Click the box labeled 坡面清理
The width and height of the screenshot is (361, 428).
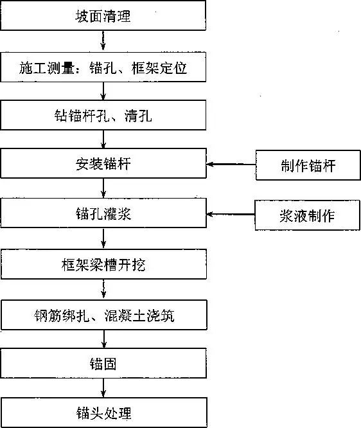pos(103,16)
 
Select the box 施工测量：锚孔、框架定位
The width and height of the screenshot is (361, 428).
pos(103,66)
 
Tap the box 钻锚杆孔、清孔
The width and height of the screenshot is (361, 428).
pos(103,116)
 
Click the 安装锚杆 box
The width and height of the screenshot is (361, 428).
pos(103,165)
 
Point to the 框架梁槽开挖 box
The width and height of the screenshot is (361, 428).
pos(103,264)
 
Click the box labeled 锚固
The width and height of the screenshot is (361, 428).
pos(103,364)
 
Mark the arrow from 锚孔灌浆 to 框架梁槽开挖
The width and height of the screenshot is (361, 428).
pos(103,240)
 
